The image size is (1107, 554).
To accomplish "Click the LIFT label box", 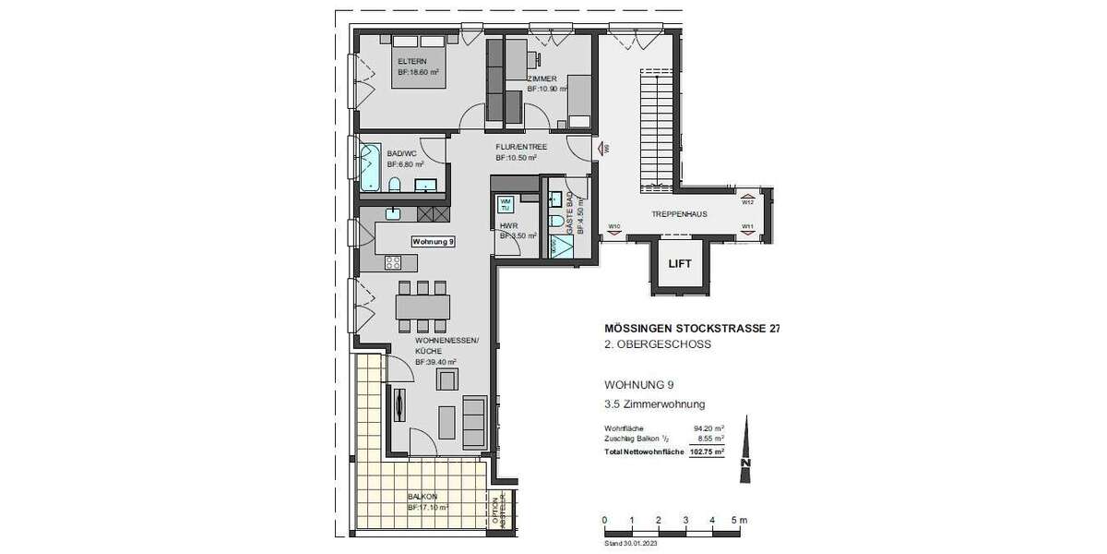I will coord(680,264).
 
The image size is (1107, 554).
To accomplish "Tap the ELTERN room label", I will coord(411,62).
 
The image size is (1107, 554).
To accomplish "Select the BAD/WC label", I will coord(400,153).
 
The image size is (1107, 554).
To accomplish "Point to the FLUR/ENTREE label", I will coord(520,147).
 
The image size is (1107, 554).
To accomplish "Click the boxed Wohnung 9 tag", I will coord(434,241).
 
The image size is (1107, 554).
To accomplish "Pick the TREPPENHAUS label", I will coord(679,214).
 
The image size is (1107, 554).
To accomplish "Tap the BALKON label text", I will coord(422,496).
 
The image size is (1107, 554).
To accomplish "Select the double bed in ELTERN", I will coord(421,60).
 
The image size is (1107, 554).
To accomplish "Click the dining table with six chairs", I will coord(423,305).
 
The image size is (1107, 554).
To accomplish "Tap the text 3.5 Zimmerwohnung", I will coord(655,403).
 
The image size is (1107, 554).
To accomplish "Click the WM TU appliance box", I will coord(505,204).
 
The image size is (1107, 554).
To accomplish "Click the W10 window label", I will coord(613,226).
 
